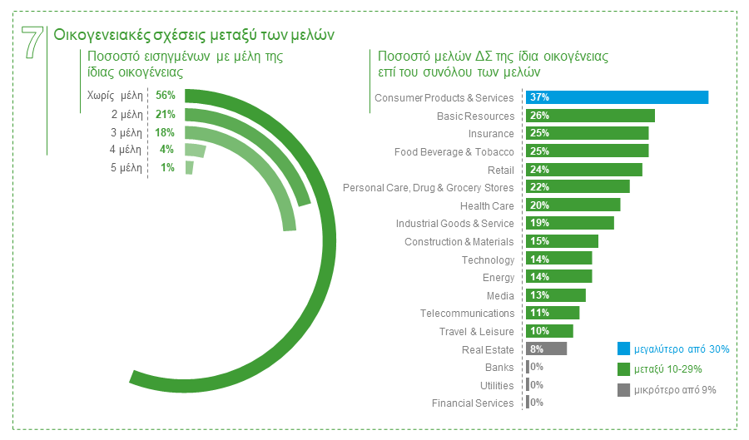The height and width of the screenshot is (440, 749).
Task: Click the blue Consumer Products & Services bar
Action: [x=617, y=97]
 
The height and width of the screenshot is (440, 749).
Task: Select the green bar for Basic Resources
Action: [x=590, y=116]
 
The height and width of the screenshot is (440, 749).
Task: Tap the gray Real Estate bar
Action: [x=546, y=349]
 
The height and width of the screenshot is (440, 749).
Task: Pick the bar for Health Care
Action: [x=573, y=205]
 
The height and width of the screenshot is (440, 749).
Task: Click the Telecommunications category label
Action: [x=467, y=314]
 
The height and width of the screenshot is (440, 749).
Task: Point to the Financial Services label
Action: [x=473, y=403]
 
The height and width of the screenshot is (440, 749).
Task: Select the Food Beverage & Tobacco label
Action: [x=454, y=151]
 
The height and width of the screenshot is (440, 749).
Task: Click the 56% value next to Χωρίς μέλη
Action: [x=165, y=96]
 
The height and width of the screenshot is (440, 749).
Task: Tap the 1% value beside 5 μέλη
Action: [x=167, y=168]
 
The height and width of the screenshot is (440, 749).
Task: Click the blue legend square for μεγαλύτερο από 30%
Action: [x=623, y=349]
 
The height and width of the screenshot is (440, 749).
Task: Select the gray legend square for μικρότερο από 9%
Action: [x=623, y=389]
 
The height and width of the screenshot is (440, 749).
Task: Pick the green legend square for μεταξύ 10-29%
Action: [x=623, y=369]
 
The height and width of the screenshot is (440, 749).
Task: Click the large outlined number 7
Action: [x=32, y=42]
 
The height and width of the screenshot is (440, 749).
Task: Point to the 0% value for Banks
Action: [x=536, y=368]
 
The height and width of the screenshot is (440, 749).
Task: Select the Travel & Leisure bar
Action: [x=549, y=331]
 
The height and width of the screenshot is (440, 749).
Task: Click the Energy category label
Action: [x=499, y=278]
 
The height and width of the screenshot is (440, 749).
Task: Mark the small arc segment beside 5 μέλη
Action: [x=189, y=168]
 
